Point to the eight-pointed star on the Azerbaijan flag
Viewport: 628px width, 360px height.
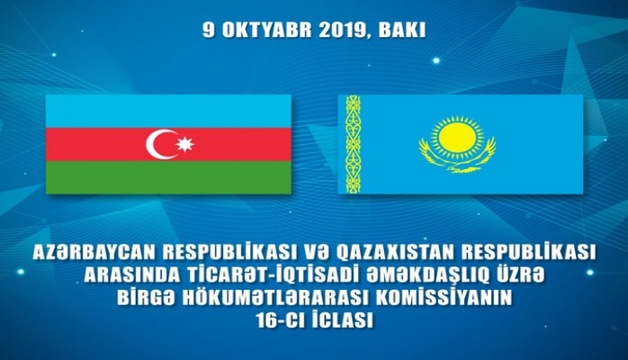click(x=185, y=144)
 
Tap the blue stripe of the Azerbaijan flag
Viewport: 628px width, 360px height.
click(x=168, y=110)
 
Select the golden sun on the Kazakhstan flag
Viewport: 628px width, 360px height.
click(x=457, y=139)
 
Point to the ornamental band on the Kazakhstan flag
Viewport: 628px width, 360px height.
click(x=354, y=144)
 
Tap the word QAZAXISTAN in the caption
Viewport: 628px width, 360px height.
click(x=408, y=255)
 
